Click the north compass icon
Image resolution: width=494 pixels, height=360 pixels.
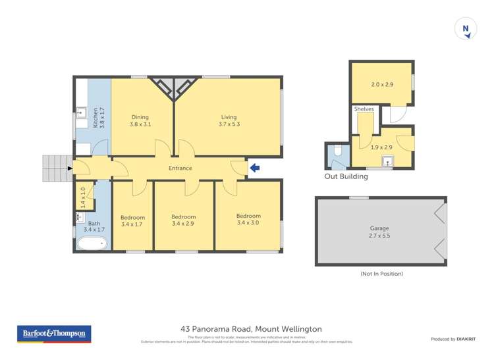coord(466,28)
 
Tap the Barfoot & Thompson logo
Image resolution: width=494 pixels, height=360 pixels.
coord(54,334)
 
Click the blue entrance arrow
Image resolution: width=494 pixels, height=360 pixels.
coord(255,168)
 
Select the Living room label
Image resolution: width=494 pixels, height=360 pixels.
coord(229,121)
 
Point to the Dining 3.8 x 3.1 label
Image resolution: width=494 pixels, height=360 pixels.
coord(139,121)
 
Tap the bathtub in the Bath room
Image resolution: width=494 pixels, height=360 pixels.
coord(92,244)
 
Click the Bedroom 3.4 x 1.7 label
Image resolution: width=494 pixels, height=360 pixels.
coord(132,220)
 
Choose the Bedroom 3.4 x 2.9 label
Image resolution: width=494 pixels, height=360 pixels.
coord(184,220)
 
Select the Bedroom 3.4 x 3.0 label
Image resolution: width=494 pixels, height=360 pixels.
coord(248,219)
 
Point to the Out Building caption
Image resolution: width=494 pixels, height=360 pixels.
coord(346,176)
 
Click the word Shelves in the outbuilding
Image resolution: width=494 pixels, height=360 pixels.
coord(364,109)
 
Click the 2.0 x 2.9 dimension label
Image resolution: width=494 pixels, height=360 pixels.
coord(381,85)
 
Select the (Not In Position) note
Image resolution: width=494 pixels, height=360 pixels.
coord(381,274)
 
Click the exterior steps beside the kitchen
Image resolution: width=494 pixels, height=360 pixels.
coord(56,168)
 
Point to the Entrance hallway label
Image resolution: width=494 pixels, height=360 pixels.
coord(180,168)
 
